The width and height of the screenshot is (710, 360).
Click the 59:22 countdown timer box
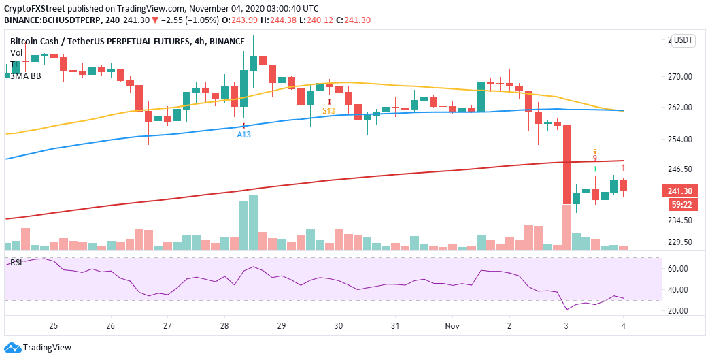click(x=681, y=203)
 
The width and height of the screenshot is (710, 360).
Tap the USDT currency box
click(x=683, y=40)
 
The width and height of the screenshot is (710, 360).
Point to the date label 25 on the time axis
click(x=54, y=327)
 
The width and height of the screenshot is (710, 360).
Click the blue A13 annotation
click(x=243, y=135)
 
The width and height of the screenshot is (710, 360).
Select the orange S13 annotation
click(x=328, y=110)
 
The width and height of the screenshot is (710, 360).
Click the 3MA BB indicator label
click(x=25, y=76)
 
